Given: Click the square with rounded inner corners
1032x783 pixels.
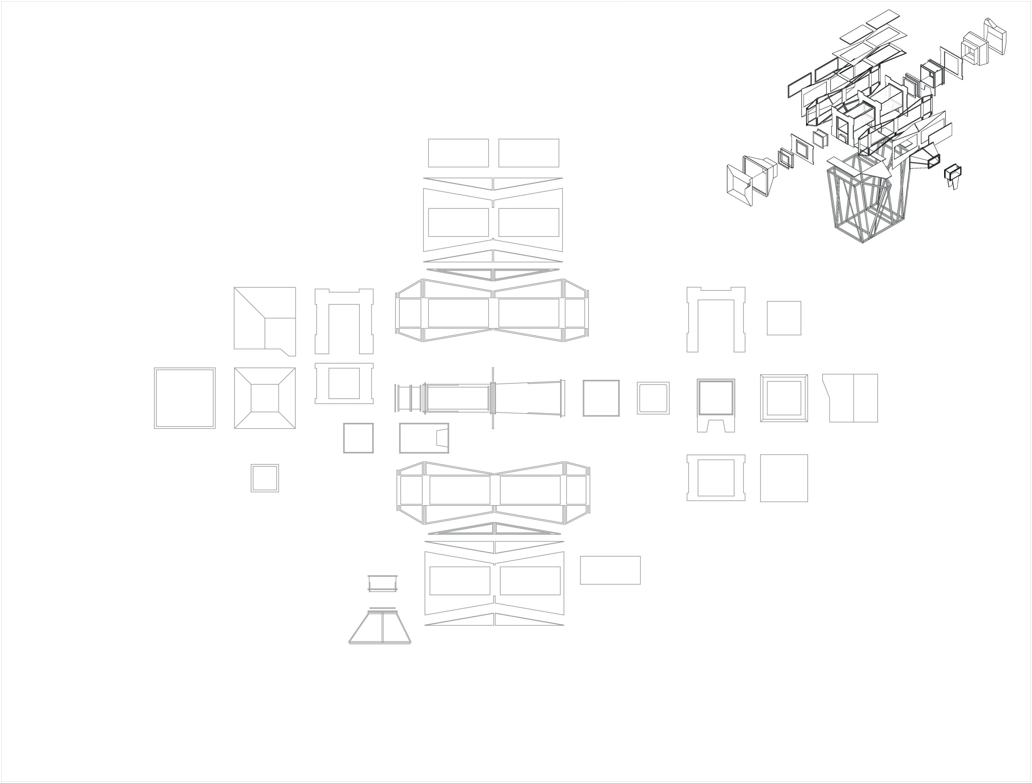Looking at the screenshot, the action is tap(653, 398).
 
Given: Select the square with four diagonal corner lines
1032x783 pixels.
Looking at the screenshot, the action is tap(264, 398).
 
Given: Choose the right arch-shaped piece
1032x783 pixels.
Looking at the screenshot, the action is tap(716, 320).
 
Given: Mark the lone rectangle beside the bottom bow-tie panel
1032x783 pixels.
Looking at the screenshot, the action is tap(610, 570).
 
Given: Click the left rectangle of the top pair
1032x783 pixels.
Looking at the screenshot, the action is tap(458, 153).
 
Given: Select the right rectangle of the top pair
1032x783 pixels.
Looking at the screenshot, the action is tap(529, 153).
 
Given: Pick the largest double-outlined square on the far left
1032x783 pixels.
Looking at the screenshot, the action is tap(185, 398).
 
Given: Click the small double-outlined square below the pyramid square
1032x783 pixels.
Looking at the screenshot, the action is tap(264, 478).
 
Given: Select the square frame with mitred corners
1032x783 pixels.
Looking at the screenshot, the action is tap(784, 398).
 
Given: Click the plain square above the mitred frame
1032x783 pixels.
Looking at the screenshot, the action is tap(784, 318).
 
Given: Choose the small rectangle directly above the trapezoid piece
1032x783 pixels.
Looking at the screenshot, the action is tap(382, 583).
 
